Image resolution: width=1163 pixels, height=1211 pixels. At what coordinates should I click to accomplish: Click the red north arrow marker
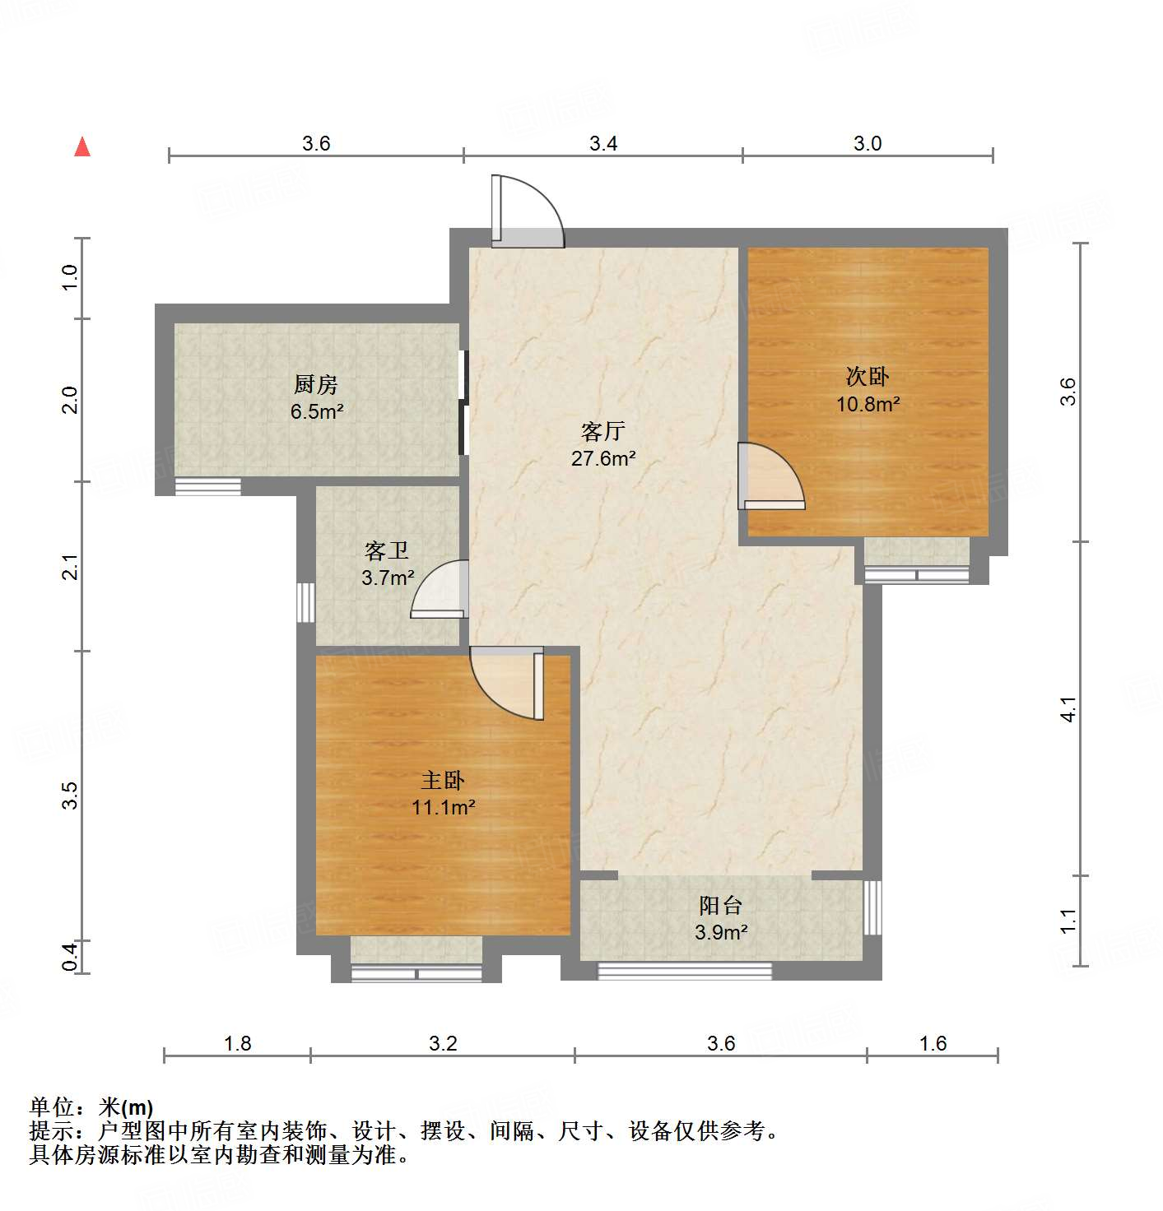(x=82, y=147)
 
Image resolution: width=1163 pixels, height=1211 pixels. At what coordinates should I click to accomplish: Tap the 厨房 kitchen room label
(x=316, y=384)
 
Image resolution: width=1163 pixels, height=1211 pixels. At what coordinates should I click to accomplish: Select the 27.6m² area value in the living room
(x=603, y=459)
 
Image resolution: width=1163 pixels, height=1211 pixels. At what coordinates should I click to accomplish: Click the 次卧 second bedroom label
(x=868, y=377)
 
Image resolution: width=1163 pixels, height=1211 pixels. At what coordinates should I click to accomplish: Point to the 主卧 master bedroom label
(x=443, y=780)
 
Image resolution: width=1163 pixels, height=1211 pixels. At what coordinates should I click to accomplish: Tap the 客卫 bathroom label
(x=387, y=550)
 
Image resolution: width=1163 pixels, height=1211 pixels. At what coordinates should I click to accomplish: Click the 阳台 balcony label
(x=720, y=906)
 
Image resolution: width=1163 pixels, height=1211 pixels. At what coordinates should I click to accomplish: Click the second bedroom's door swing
(x=770, y=476)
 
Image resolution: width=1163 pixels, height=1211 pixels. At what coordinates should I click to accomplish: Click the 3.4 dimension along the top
(x=603, y=144)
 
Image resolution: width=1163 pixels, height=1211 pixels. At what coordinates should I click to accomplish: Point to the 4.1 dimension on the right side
(x=1068, y=709)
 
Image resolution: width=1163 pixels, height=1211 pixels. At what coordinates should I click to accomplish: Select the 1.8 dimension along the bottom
(x=237, y=1044)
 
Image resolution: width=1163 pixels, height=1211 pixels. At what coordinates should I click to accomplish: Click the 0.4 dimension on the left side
(x=71, y=957)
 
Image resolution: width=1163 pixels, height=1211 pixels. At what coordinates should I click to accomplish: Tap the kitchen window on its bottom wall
(x=207, y=486)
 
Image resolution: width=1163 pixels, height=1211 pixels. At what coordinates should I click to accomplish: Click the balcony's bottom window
(x=684, y=971)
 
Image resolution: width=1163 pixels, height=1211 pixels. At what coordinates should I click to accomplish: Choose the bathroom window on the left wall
(x=306, y=602)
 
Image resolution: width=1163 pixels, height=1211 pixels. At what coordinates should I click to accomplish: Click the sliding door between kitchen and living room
(x=463, y=402)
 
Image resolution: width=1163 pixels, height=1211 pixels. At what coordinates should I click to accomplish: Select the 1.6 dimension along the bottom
(x=933, y=1044)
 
